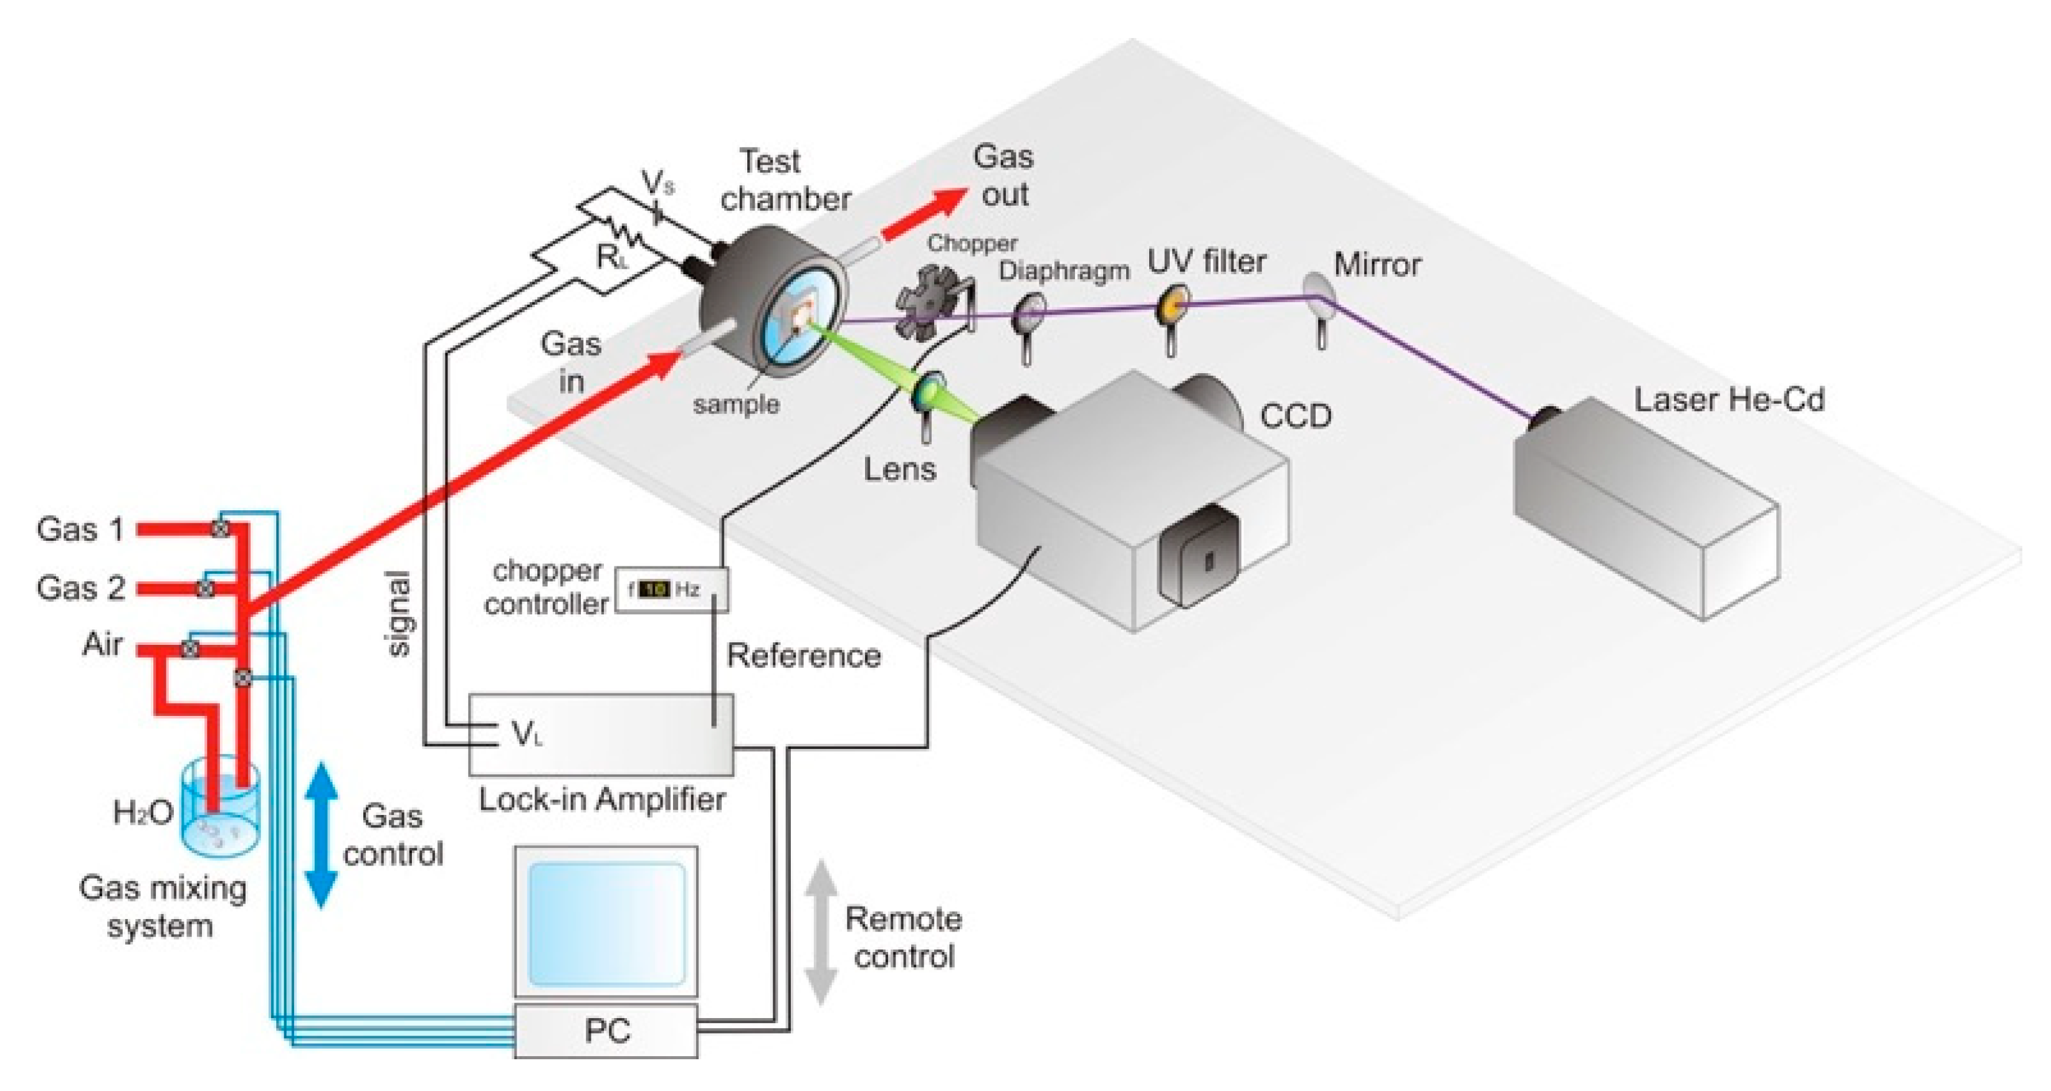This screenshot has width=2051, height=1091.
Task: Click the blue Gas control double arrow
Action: pos(322,835)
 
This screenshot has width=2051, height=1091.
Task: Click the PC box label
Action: pos(607,1031)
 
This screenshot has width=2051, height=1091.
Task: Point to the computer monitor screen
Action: pos(606,923)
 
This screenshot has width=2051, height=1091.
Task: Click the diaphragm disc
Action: pos(1029,313)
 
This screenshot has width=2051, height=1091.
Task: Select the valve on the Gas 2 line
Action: pos(206,589)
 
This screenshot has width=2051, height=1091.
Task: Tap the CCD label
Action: pos(1296,416)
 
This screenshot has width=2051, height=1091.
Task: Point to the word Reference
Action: pos(803,655)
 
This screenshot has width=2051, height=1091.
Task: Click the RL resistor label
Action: pos(611,257)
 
